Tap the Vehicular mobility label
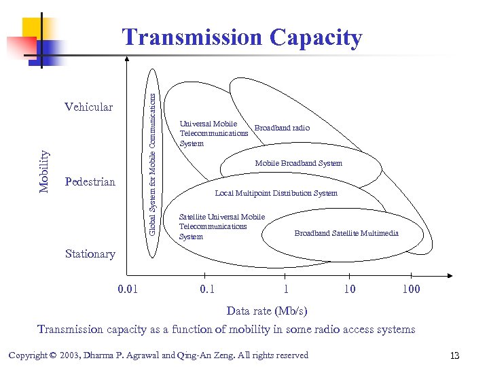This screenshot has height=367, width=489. tap(88, 107)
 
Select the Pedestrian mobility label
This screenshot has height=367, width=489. tap(90, 182)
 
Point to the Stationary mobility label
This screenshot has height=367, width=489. tap(90, 254)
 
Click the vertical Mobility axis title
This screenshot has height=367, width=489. tap(44, 172)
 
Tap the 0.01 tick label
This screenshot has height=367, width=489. tap(128, 289)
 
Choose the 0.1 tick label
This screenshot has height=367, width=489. tap(207, 289)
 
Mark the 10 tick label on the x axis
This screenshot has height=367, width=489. tap(348, 289)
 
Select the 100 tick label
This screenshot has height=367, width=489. tap(411, 289)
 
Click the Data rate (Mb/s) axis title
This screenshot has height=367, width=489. tap(266, 311)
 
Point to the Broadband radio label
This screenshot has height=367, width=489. tap(281, 128)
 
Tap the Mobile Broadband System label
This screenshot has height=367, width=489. tap(298, 163)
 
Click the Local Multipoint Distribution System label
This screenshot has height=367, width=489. tap(276, 193)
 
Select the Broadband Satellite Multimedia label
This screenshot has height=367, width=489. tap(346, 233)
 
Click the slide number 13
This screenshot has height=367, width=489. tap(455, 355)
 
